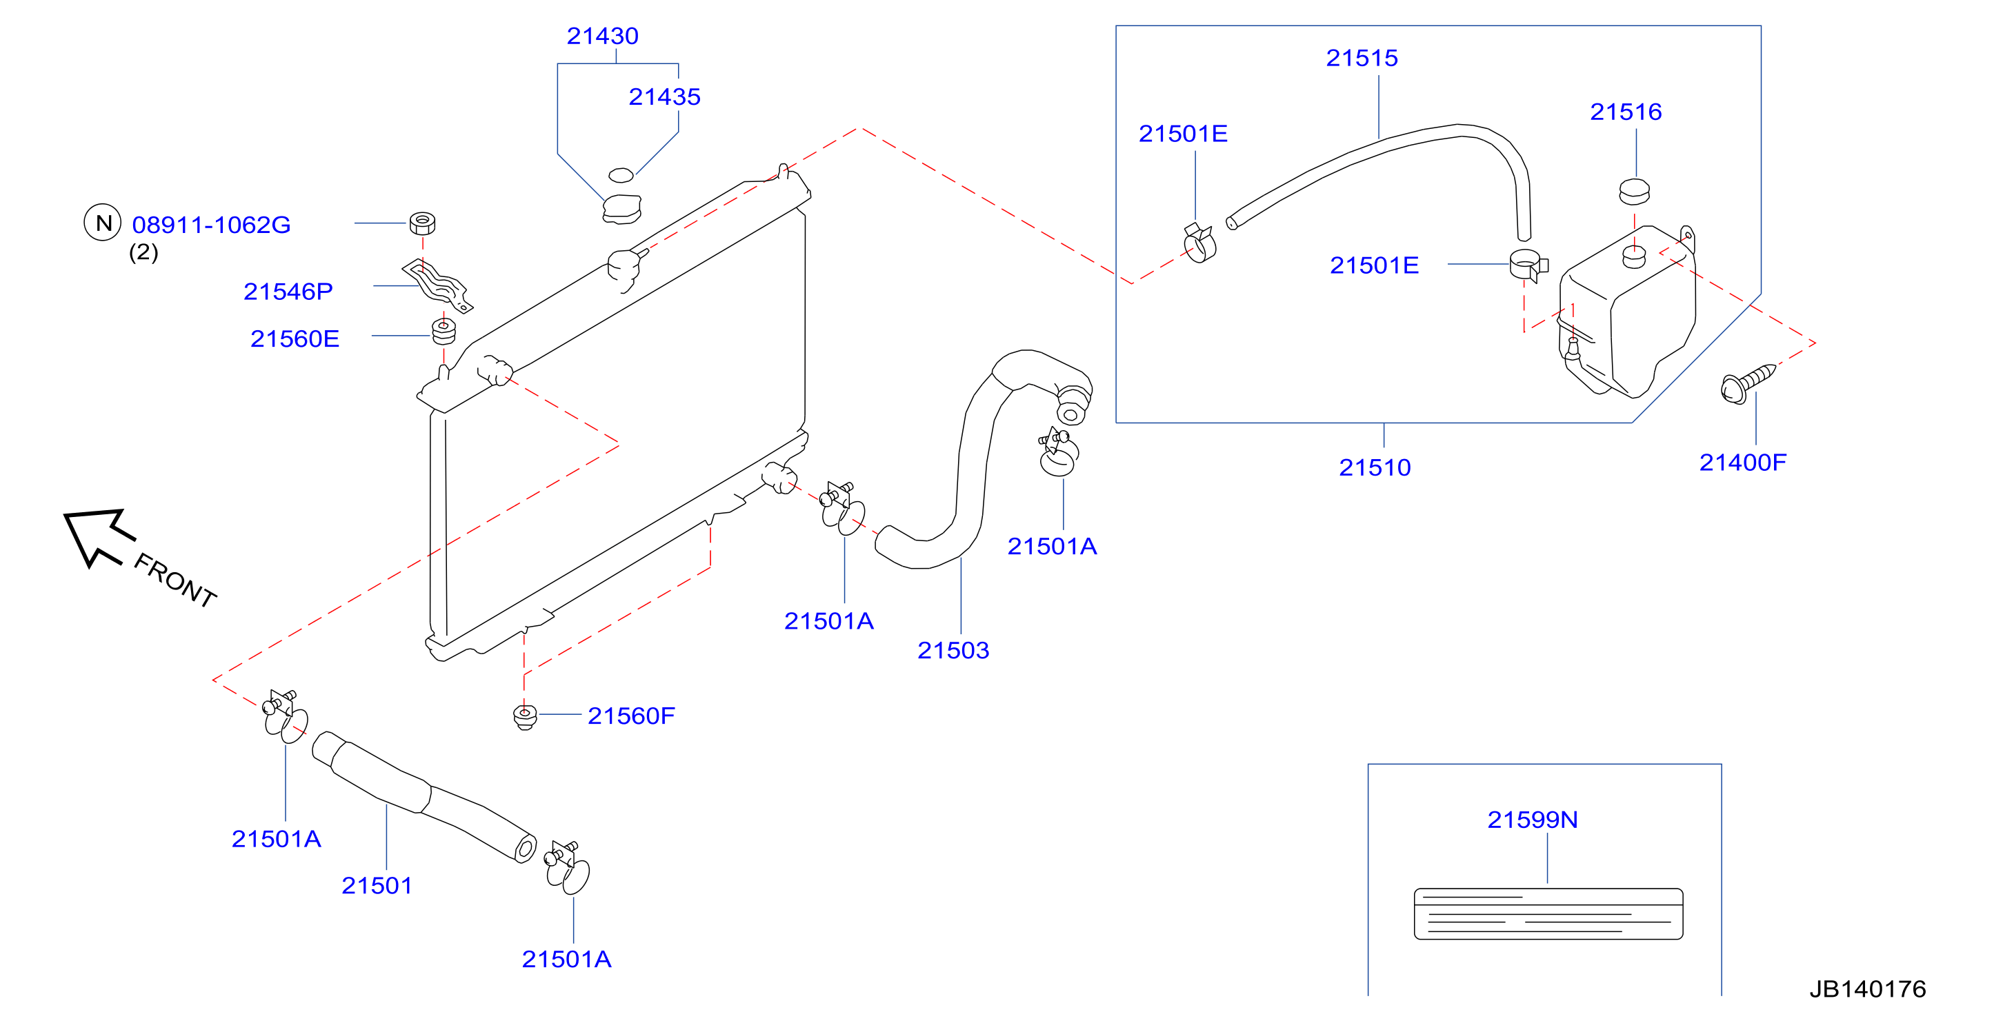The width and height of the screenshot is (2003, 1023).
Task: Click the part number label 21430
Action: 602,36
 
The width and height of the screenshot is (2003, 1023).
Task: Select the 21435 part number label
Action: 664,97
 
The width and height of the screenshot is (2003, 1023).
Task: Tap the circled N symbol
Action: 103,223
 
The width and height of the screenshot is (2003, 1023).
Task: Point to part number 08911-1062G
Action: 212,225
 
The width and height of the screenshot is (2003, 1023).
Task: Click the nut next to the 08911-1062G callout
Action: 422,223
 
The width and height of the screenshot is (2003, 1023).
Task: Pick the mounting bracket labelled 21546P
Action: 437,285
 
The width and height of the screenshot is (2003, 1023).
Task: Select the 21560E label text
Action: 295,339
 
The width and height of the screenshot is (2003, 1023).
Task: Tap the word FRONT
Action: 175,579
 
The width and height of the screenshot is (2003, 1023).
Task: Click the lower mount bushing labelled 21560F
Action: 525,716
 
